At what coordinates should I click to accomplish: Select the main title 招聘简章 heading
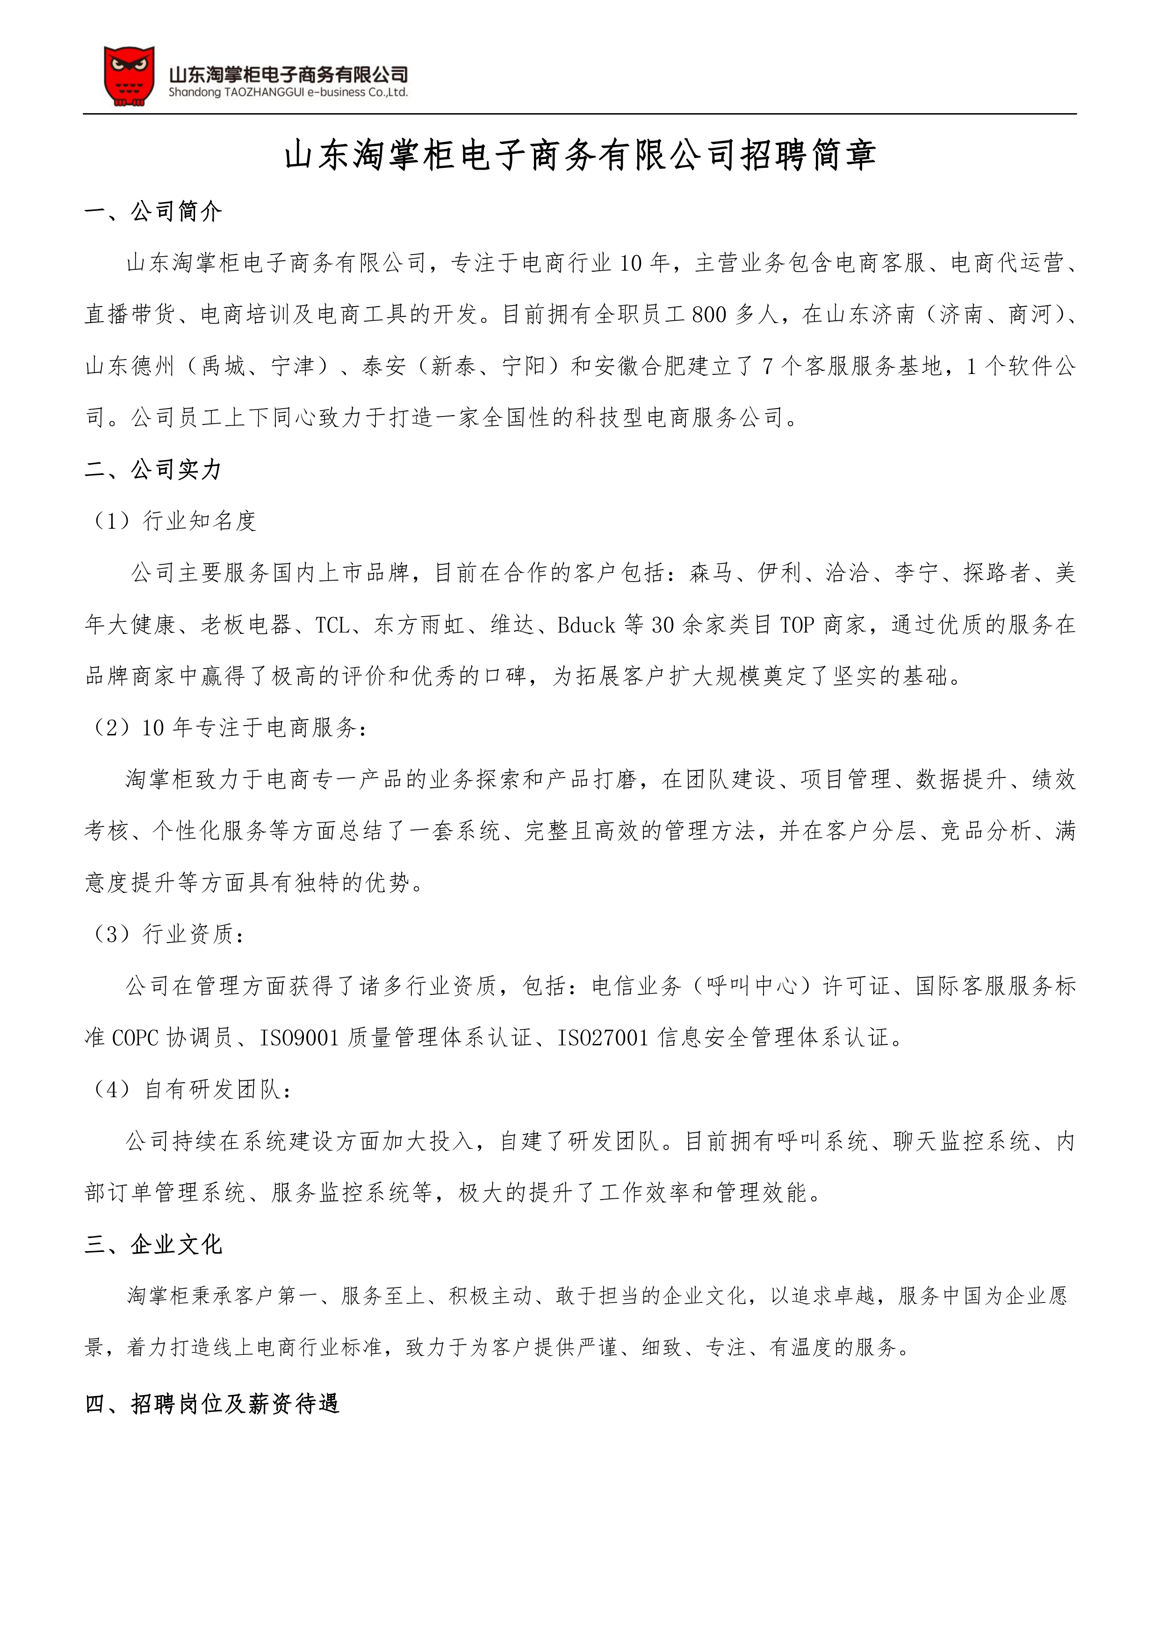pos(580,155)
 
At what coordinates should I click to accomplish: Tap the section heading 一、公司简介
pos(153,211)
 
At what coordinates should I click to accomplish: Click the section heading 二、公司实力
pos(153,469)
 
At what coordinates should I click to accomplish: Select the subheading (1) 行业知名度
pos(173,521)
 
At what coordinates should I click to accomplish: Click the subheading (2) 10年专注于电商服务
pos(230,728)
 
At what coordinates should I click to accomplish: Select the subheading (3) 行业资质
pos(169,934)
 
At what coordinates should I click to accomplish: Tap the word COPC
pos(136,1038)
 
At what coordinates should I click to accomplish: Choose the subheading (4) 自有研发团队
pos(191,1089)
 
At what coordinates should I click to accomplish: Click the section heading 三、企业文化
pos(153,1244)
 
